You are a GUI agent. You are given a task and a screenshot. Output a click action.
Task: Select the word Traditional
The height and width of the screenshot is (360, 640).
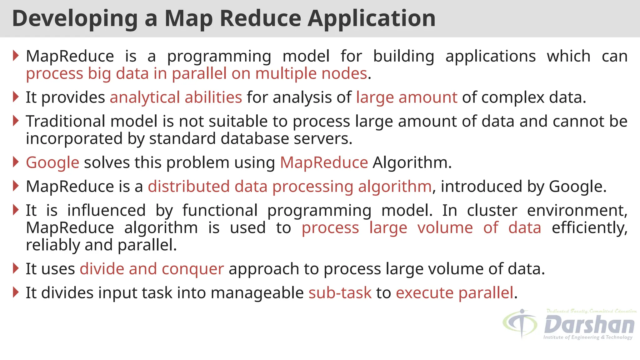pos(65,121)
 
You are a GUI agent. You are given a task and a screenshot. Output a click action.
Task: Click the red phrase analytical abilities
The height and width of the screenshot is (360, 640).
pos(176,97)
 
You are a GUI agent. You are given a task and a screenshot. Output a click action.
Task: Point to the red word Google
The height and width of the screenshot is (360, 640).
pos(52,163)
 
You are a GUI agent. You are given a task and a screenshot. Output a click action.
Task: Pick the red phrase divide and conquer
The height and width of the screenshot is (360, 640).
pos(152,269)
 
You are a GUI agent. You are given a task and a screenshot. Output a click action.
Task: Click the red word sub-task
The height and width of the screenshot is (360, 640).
pos(340,293)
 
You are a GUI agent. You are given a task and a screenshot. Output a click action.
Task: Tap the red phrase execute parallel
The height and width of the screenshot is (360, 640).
pos(454,293)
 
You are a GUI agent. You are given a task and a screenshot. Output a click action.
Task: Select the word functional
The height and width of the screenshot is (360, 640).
pos(220,210)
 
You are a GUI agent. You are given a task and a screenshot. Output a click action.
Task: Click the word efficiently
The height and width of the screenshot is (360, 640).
pos(589,228)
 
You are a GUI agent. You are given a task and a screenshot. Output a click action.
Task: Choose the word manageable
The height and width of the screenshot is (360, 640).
pos(257,293)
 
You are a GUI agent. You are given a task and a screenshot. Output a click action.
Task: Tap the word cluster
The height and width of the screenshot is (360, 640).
pos(492,210)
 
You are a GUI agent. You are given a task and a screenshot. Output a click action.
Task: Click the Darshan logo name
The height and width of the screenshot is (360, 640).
pos(589,325)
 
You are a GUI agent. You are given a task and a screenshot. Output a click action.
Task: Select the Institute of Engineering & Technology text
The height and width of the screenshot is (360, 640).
pos(587,337)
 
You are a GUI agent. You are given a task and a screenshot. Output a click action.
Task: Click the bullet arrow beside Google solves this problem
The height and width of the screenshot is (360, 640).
pos(16,162)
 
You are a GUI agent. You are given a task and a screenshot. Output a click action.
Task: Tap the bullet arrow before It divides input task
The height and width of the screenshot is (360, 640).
pos(16,292)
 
